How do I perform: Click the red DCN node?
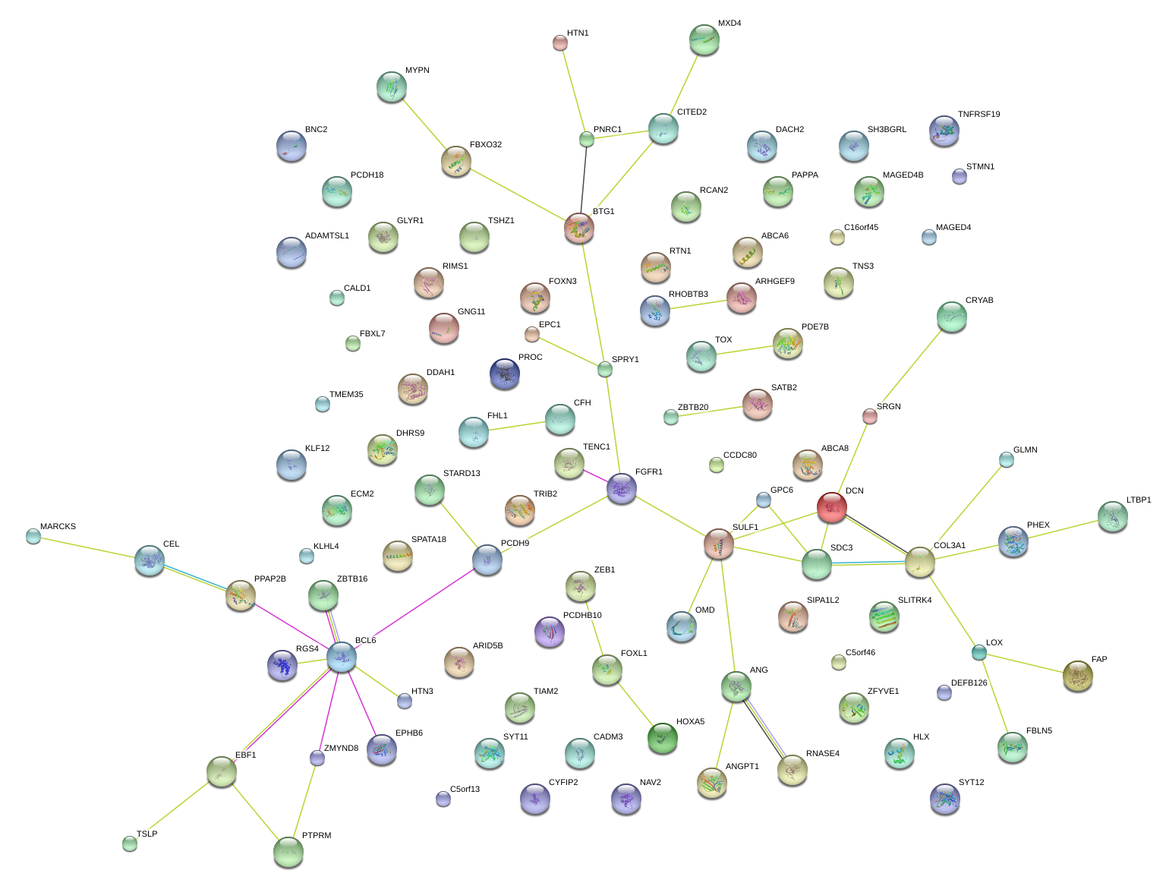pos(831,507)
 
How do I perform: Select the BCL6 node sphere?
pos(341,657)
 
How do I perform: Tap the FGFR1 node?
pos(621,488)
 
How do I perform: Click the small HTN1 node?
pos(560,43)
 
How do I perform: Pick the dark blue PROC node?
pos(505,373)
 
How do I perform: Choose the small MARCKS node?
pos(33,536)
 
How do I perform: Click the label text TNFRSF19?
pos(978,115)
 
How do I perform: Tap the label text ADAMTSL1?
pos(326,236)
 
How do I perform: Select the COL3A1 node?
pos(919,562)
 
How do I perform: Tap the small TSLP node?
pos(130,843)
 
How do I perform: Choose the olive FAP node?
pos(1077,675)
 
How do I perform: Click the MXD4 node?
pos(704,39)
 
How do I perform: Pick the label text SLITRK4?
pos(914,601)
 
